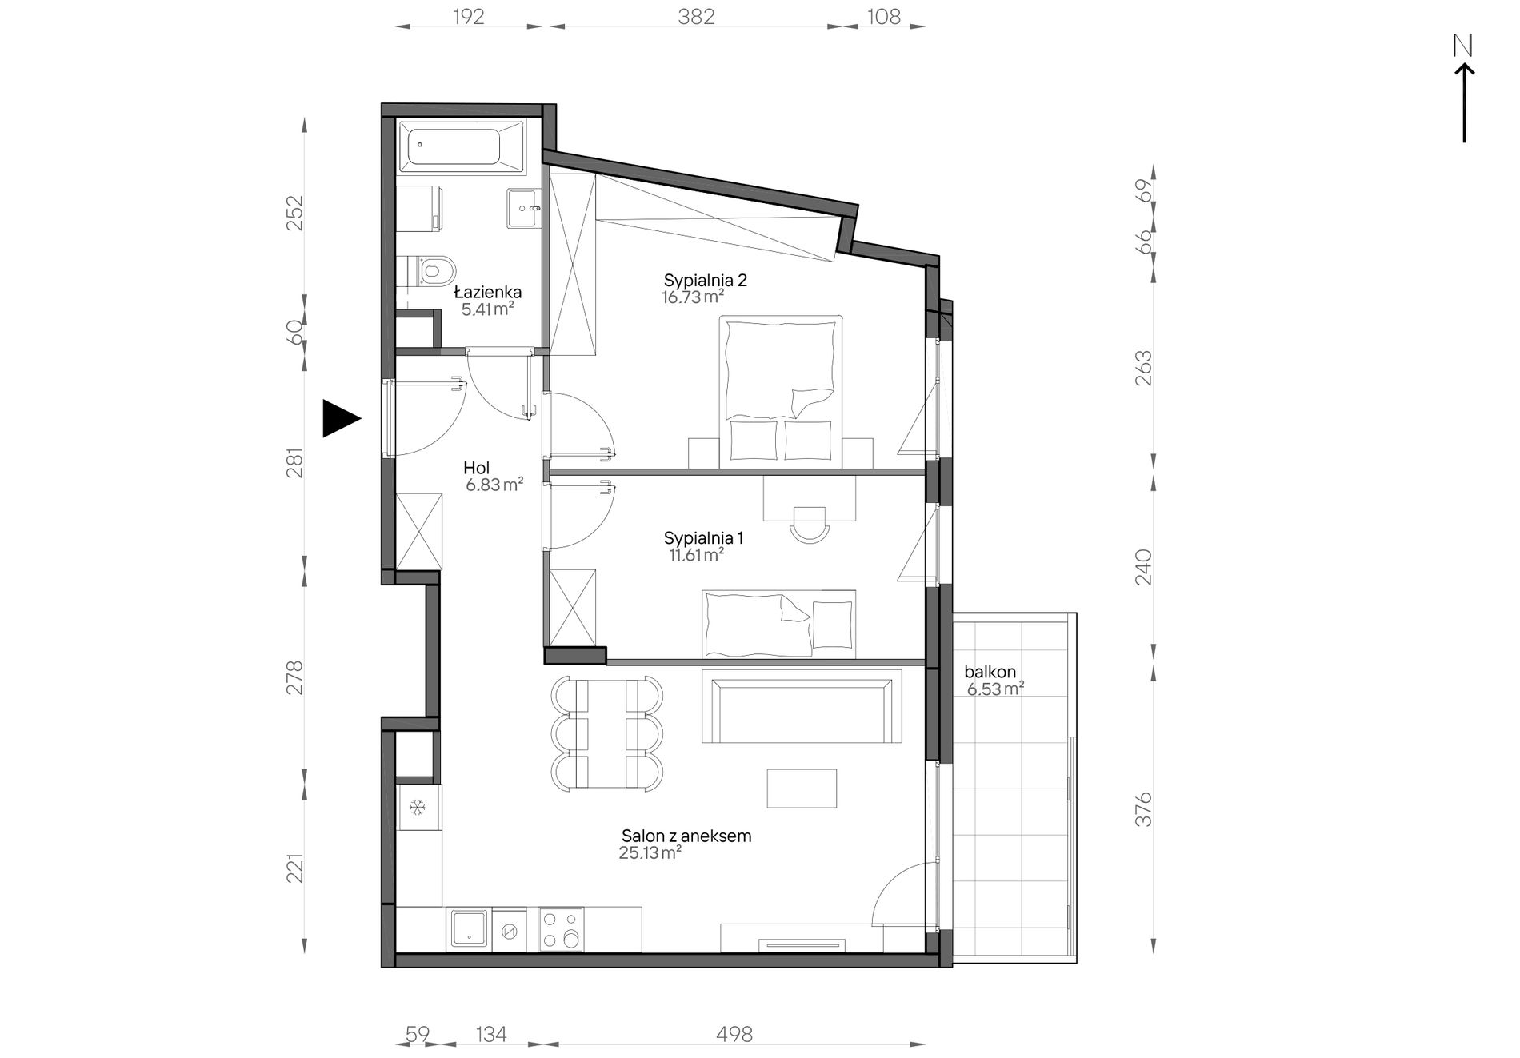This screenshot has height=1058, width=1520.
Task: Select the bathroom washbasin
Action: [x=525, y=208]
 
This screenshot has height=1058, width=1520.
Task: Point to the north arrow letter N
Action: [x=1463, y=46]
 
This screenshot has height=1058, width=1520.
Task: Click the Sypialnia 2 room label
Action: [x=705, y=281]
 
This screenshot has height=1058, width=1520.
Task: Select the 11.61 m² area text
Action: [x=697, y=555]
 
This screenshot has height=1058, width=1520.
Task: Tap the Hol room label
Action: [x=477, y=469]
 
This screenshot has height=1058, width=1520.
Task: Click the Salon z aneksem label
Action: [x=686, y=836]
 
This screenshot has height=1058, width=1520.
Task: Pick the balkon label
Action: [x=990, y=672]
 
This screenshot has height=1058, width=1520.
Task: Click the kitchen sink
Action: [x=470, y=929]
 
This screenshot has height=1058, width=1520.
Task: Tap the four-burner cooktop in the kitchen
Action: [x=561, y=929]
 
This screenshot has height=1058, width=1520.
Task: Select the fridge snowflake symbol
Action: [x=417, y=808]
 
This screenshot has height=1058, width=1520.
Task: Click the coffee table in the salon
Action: [x=802, y=789]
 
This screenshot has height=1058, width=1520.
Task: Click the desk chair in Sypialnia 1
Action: [x=810, y=525]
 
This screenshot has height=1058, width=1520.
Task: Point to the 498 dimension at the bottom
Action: [x=734, y=1035]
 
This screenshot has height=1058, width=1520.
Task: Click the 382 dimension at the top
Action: [x=696, y=16]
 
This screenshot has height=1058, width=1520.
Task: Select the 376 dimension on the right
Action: [x=1144, y=809]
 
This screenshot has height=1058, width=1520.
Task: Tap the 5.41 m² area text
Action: [x=487, y=309]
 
